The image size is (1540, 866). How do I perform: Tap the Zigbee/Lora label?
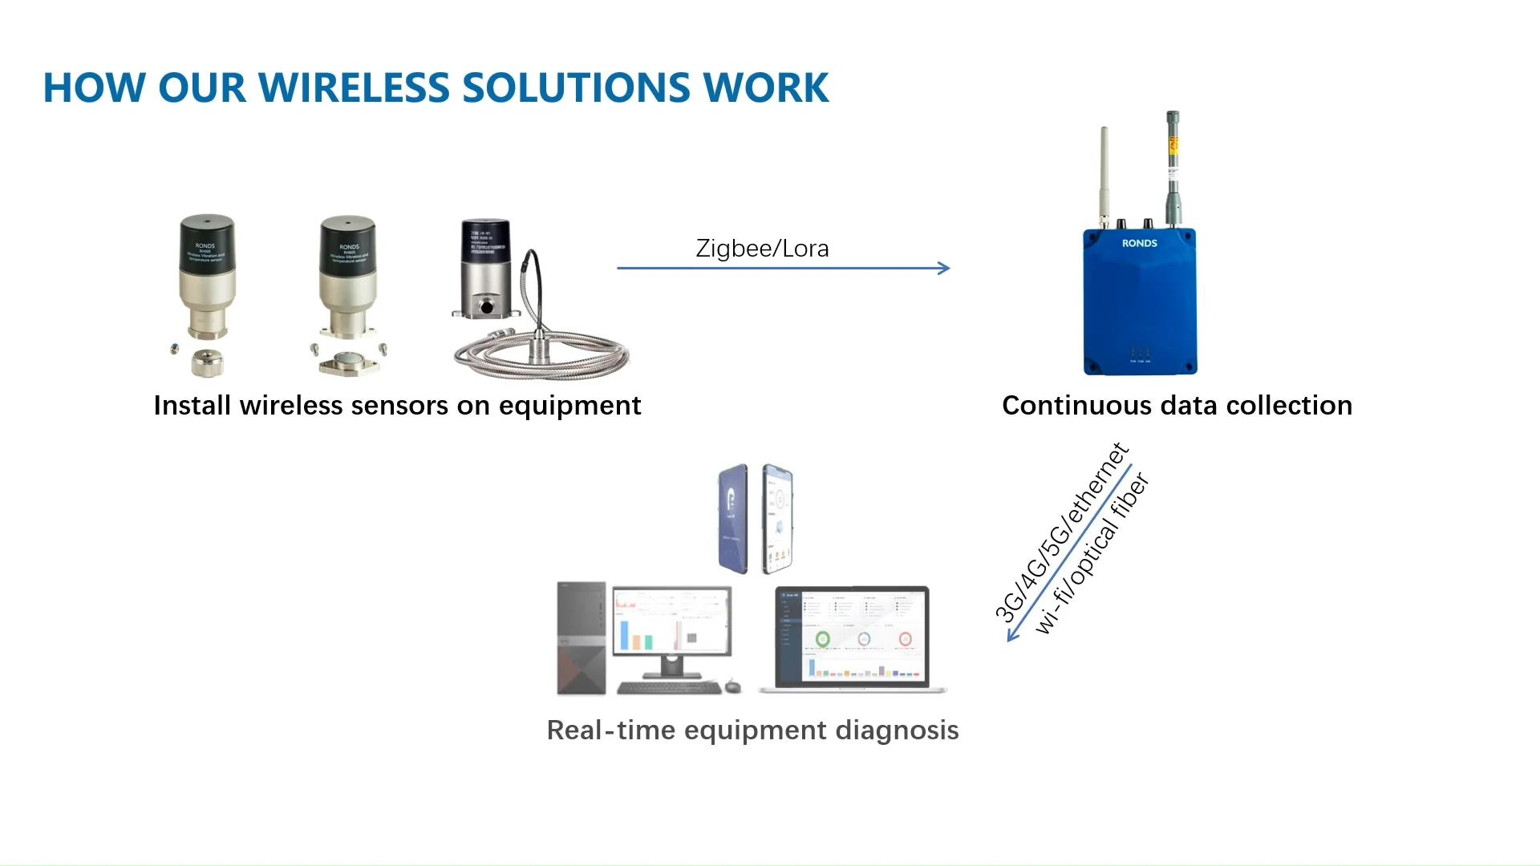(762, 249)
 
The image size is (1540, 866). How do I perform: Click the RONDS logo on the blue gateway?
(1139, 243)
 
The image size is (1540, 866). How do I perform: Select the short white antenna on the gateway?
(1104, 172)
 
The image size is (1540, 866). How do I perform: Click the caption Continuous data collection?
(1177, 406)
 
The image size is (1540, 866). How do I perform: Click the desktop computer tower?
(582, 637)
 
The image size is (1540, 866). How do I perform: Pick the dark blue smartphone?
(733, 519)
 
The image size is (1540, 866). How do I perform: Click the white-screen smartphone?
(777, 519)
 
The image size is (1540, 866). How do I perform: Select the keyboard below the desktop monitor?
(669, 687)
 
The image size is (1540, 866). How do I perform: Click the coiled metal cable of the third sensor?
(545, 353)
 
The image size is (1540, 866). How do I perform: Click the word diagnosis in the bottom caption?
(897, 730)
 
